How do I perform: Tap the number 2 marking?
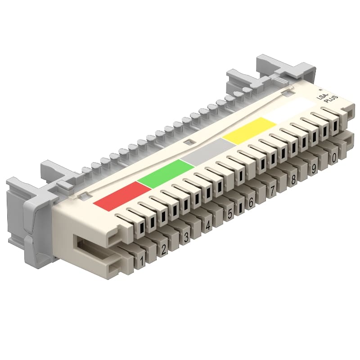coord(164,248)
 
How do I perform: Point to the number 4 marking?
coord(208,225)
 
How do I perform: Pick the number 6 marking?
coord(251,202)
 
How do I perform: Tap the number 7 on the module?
coord(272,191)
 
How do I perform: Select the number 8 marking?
coord(293,180)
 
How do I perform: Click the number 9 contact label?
coord(313,169)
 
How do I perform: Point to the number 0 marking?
coord(333,158)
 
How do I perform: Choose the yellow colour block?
coord(248,130)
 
